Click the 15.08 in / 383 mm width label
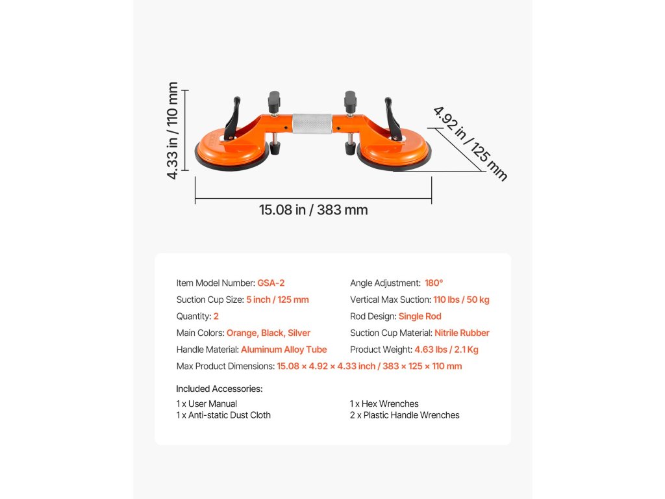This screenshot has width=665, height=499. point(313,210)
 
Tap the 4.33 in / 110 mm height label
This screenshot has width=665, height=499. point(173,131)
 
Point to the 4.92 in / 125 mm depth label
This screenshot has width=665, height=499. point(470,143)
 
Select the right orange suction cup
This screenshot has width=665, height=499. point(394,150)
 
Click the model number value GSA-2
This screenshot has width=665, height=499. point(271,283)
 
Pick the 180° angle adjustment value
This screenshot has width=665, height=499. point(434,283)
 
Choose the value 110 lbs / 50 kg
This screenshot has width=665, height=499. point(461,300)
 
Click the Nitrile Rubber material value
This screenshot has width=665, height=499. point(462,333)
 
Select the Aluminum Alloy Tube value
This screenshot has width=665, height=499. point(284,350)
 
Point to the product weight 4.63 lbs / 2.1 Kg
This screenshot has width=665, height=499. point(446,350)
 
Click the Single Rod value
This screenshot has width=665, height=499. point(420,316)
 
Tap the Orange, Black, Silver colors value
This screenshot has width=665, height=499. point(268,333)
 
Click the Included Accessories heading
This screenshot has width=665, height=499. point(219,389)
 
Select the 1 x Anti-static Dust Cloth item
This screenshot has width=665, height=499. point(223,415)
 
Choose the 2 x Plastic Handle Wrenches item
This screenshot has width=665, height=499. point(405,415)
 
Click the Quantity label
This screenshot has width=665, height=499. point(194,316)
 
